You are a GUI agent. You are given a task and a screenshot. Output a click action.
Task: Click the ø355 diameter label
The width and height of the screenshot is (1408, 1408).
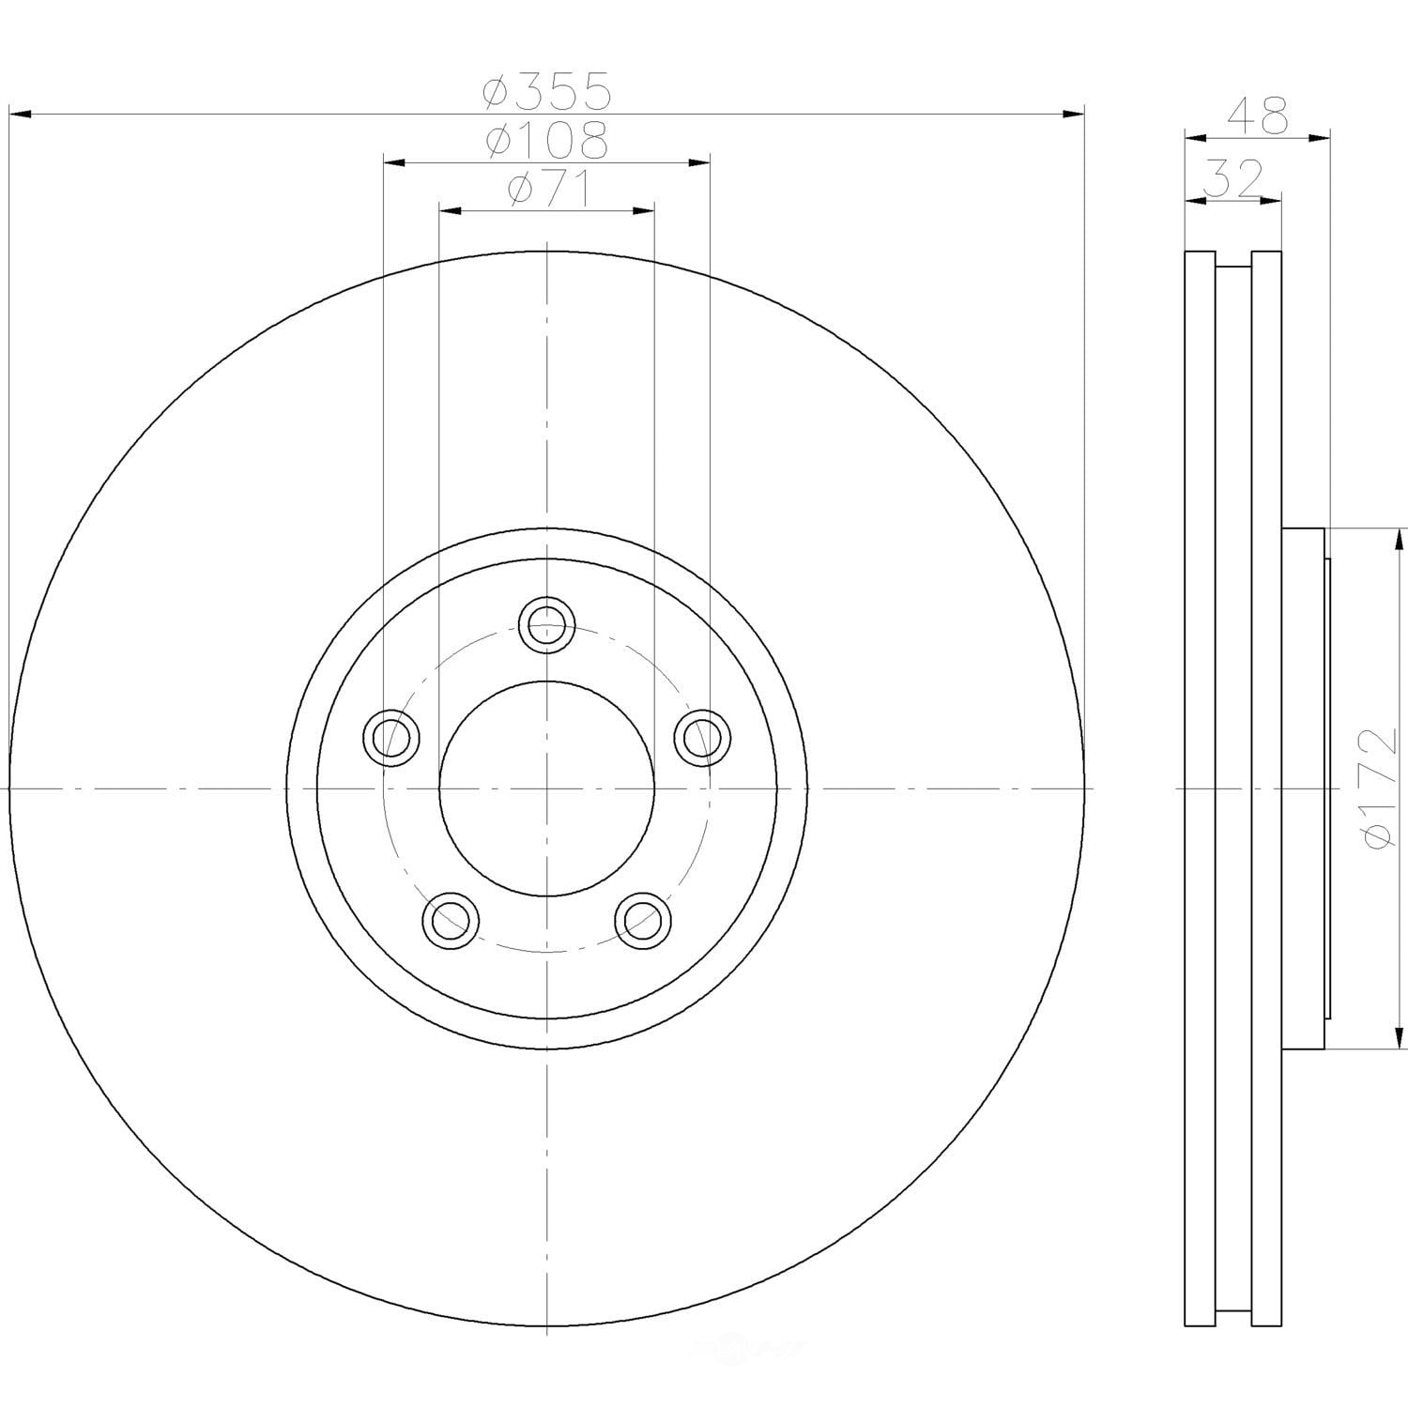547,91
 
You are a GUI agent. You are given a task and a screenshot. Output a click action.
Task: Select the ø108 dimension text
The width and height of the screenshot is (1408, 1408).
547,141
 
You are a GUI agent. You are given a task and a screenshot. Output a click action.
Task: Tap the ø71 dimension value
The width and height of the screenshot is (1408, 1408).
547,191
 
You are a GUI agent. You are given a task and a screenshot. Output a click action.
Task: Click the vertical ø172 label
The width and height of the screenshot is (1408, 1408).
1385,788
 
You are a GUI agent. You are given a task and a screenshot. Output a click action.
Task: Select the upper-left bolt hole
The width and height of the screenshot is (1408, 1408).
390,737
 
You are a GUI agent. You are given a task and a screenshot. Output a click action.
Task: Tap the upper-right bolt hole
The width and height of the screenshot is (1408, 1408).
704,737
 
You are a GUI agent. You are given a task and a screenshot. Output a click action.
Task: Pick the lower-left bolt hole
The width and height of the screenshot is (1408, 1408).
451,921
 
